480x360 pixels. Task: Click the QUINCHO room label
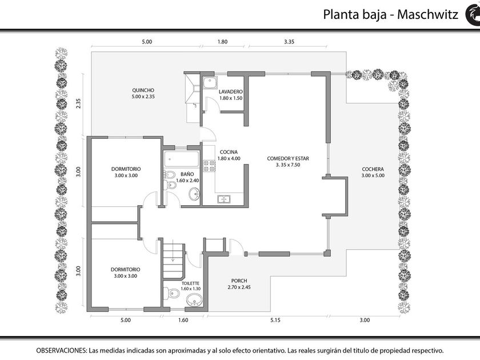[143, 90]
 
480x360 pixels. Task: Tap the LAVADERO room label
[230, 91]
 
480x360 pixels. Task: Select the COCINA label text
[229, 152]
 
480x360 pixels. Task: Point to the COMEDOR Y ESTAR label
[288, 158]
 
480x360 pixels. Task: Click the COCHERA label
[373, 169]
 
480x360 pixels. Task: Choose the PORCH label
[239, 281]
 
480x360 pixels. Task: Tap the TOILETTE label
[190, 283]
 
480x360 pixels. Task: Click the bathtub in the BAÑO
[181, 159]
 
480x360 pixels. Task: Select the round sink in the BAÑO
[194, 194]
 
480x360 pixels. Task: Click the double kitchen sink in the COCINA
[225, 199]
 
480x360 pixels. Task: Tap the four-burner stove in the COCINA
[209, 166]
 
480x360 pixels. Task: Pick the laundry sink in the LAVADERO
[210, 82]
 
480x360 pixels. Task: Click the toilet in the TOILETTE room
[171, 293]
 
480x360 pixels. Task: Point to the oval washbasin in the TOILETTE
[194, 300]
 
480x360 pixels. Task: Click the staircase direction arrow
[173, 250]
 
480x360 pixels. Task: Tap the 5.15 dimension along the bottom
[275, 320]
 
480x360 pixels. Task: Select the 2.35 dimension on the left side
[79, 103]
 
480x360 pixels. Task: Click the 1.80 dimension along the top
[222, 42]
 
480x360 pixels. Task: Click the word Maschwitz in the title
[427, 14]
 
